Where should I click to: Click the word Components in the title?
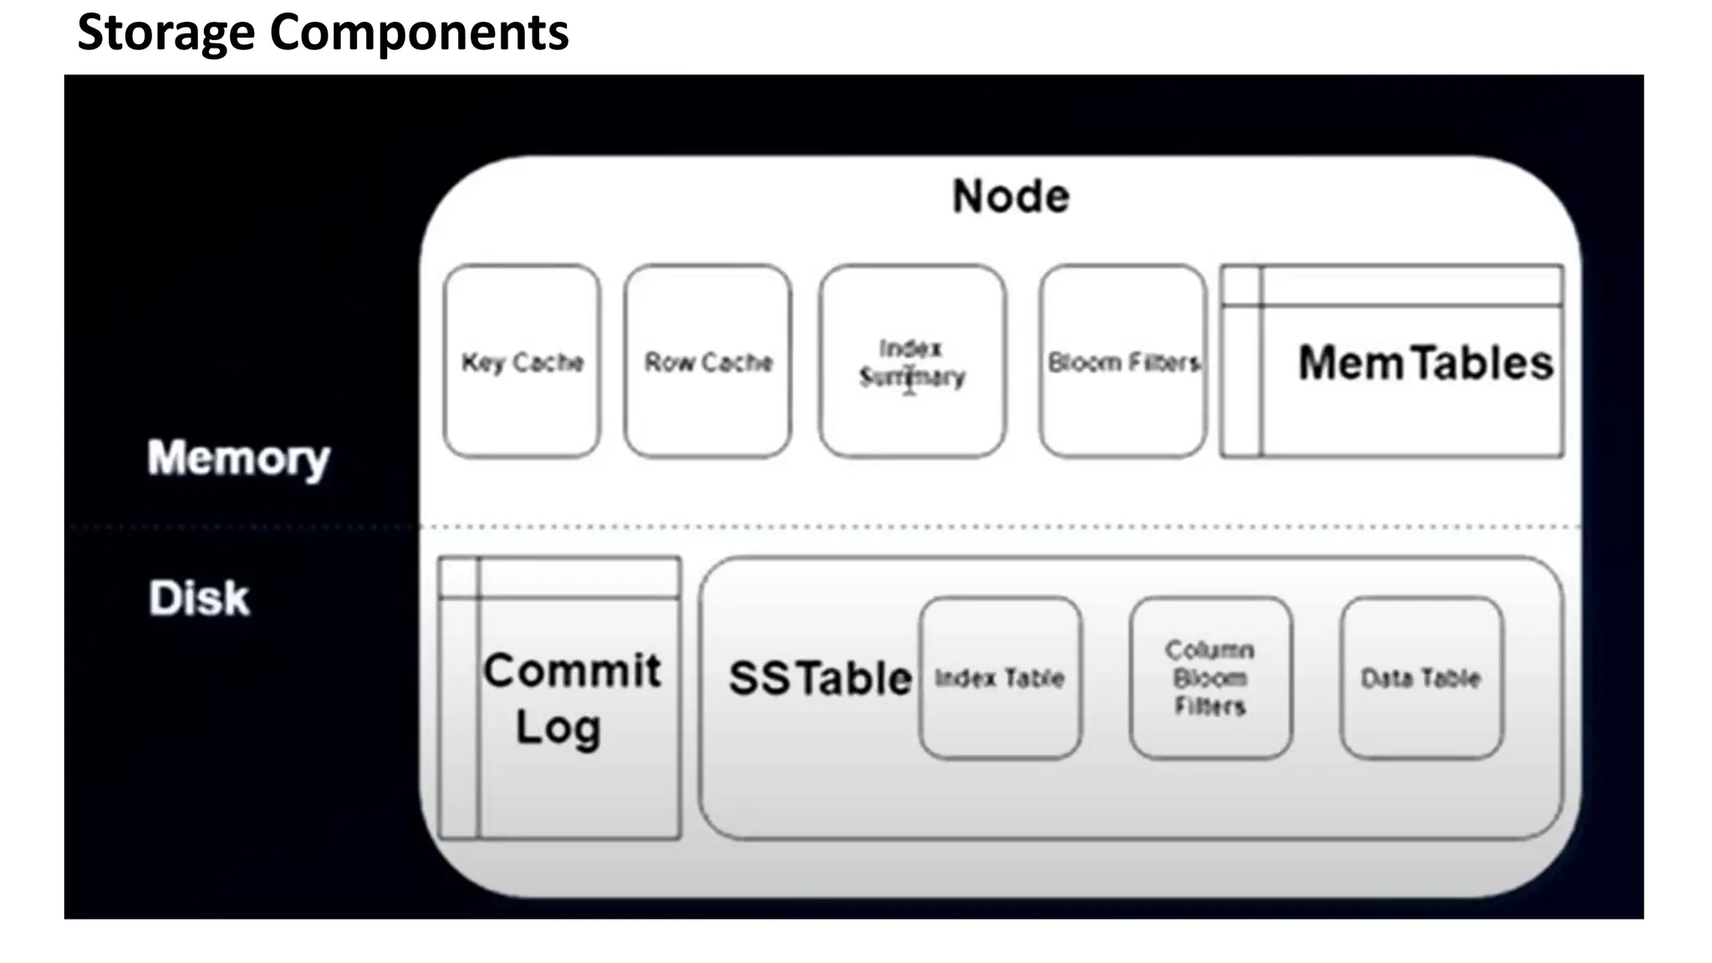tap(419, 33)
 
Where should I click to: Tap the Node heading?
tap(1011, 196)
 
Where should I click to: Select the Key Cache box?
tap(522, 361)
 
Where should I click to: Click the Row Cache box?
tap(707, 361)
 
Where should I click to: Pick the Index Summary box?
tap(912, 361)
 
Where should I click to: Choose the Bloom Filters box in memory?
tap(1123, 361)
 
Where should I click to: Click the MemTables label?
tap(1424, 363)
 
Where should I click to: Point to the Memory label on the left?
tap(238, 458)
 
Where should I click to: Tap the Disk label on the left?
tap(199, 599)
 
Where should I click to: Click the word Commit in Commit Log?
tap(572, 670)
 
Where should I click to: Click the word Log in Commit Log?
tap(558, 727)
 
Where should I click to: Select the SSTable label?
tap(819, 678)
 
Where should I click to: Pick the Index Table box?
tap(1000, 678)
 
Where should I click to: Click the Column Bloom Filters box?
tap(1210, 678)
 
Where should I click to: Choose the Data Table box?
tap(1421, 678)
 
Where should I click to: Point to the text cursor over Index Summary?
tap(909, 380)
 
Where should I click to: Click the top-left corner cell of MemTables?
tap(1241, 286)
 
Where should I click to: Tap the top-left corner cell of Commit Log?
tap(459, 578)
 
